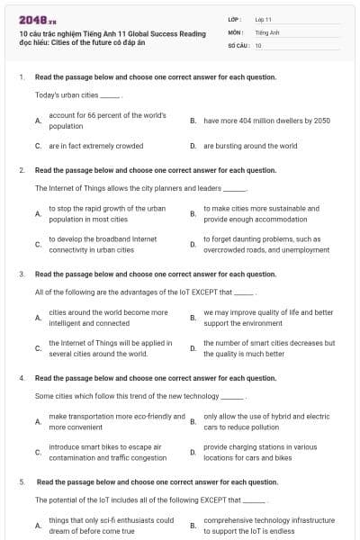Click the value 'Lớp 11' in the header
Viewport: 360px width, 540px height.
(x=264, y=18)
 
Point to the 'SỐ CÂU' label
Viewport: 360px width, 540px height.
(x=238, y=44)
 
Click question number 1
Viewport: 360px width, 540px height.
(x=22, y=77)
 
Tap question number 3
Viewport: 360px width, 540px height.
(x=22, y=274)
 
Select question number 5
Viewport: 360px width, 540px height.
(x=22, y=481)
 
